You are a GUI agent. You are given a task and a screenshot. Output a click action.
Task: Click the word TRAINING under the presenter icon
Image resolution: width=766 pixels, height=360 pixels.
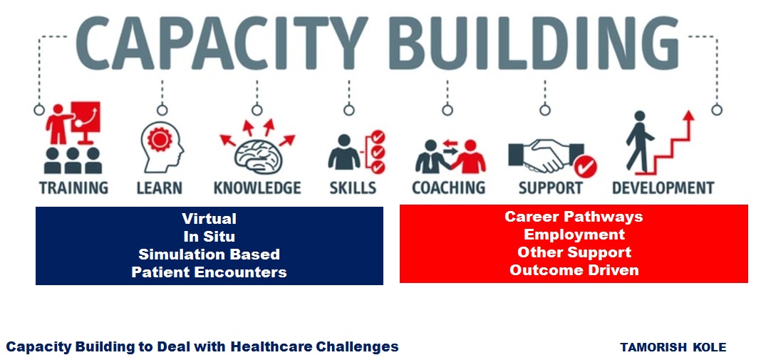[x=74, y=188]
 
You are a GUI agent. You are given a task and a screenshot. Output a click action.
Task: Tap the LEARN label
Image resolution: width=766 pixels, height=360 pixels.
[x=160, y=188]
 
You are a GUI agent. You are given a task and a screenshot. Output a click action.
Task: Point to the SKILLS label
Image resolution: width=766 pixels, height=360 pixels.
[x=353, y=188]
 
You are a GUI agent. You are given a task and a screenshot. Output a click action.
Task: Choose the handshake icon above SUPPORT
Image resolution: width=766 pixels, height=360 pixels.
[x=546, y=155]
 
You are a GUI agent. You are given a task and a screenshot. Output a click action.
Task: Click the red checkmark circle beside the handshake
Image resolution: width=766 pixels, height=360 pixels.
[x=585, y=167]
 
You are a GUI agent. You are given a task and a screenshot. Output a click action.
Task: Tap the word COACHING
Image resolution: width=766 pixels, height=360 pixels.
[x=448, y=188]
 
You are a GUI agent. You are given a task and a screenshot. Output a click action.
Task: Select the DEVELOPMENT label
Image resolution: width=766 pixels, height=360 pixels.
[x=663, y=188]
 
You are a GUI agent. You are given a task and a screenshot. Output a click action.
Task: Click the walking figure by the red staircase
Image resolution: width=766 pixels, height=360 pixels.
[x=638, y=142]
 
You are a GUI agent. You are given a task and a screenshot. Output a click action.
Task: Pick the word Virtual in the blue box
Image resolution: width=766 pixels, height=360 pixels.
[x=209, y=218]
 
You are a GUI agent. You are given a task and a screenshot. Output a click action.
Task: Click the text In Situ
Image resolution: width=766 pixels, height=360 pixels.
[x=209, y=237]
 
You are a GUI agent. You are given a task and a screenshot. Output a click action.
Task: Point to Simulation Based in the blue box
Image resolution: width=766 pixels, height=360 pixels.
[x=209, y=254]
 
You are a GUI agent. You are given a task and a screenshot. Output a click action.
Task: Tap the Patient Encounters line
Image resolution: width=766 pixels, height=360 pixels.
[x=209, y=272]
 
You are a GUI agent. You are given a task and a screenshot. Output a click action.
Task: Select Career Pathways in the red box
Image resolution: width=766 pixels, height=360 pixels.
[x=574, y=217]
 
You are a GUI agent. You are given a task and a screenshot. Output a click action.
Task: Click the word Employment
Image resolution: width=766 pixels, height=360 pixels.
[x=574, y=235]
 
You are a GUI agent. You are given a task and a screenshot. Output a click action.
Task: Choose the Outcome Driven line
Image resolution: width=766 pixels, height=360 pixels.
[x=574, y=269]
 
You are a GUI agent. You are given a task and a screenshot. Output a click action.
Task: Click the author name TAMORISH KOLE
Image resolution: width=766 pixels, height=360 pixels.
[x=673, y=347]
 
